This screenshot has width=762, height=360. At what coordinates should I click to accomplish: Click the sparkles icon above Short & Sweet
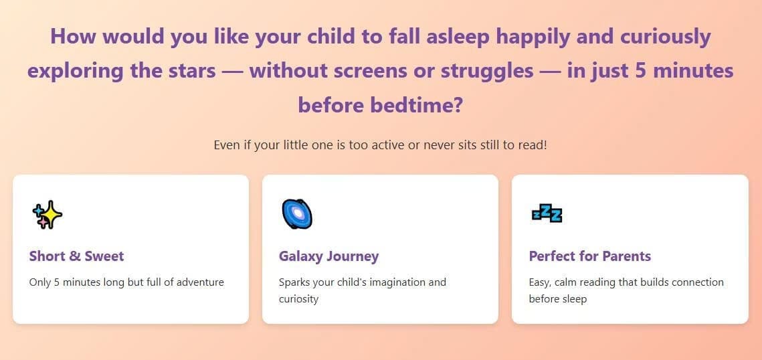click(x=47, y=214)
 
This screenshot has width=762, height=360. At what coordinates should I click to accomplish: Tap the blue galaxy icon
click(x=297, y=214)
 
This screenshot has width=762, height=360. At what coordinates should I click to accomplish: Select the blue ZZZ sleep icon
click(x=547, y=214)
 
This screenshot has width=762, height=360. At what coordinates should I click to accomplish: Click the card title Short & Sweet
click(x=76, y=256)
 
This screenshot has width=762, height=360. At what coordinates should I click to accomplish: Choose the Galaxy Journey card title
click(x=328, y=256)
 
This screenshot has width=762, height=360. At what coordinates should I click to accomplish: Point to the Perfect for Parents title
click(x=590, y=256)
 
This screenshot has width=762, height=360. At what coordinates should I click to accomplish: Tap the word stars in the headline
click(x=190, y=71)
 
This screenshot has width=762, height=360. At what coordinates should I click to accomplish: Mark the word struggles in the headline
click(x=487, y=72)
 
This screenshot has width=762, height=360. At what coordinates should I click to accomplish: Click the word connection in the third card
click(x=696, y=282)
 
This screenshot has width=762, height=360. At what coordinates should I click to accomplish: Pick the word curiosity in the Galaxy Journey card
click(x=298, y=299)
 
